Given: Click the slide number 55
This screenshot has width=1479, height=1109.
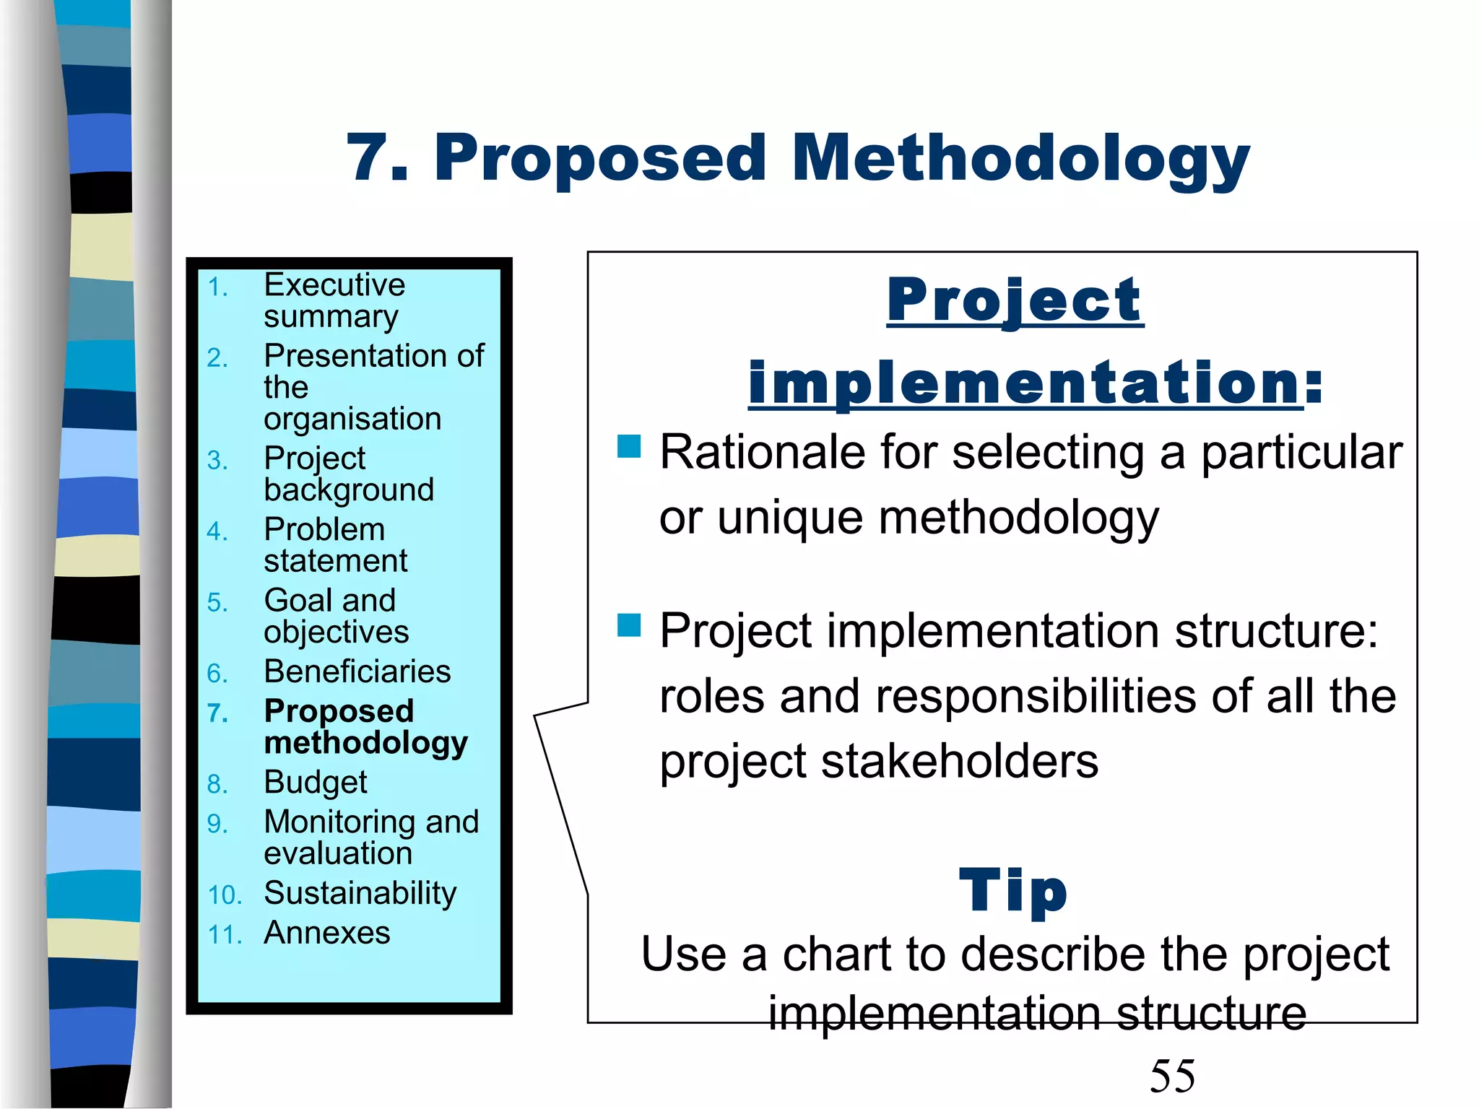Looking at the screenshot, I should [1172, 1076].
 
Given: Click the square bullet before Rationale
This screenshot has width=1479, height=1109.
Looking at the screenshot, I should [629, 446].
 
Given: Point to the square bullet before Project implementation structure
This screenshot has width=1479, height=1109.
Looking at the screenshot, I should [629, 625].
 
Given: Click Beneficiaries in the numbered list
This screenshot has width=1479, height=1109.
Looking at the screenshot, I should [357, 671].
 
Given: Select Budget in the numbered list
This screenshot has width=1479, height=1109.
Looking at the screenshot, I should [316, 783].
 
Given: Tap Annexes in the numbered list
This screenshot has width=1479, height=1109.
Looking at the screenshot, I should [327, 933].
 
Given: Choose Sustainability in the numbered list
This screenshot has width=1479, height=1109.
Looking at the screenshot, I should [360, 894].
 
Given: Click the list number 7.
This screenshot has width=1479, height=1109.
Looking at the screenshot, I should [217, 713].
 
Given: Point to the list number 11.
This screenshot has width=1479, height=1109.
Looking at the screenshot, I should [225, 936].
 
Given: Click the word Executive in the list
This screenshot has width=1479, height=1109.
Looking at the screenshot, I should [334, 285].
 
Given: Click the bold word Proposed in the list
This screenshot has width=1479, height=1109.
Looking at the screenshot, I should [339, 711].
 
